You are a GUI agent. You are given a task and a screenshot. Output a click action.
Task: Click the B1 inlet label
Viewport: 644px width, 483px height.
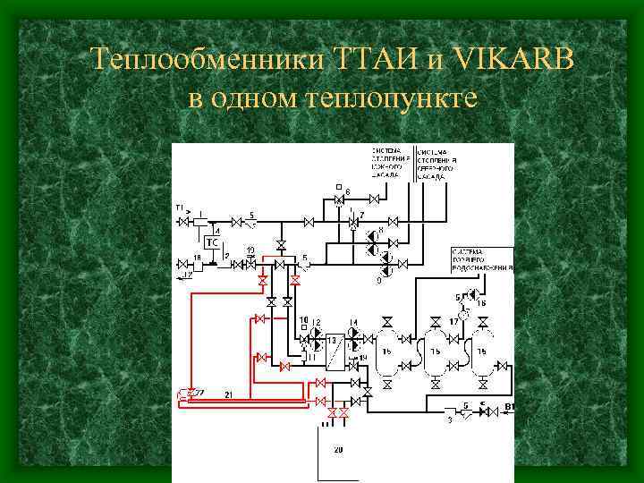(x=511, y=407)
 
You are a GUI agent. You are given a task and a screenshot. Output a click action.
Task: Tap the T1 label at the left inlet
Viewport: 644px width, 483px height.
(x=179, y=208)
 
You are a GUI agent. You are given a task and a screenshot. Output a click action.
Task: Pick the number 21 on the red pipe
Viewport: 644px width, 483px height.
(x=229, y=394)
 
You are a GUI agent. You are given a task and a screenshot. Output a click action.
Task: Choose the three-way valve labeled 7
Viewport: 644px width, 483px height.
(x=352, y=221)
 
